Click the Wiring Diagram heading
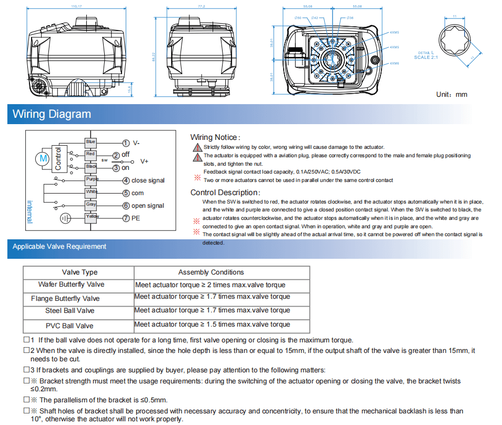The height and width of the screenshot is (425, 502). click(52, 114)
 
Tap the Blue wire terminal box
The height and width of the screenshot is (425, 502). click(91, 142)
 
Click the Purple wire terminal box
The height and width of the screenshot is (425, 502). click(92, 179)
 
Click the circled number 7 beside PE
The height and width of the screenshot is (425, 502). click(126, 218)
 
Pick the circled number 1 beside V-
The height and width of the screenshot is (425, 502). click(126, 143)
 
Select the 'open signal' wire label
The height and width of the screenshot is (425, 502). click(148, 206)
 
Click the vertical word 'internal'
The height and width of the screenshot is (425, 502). click(29, 210)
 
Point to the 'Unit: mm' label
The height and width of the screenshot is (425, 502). click(451, 94)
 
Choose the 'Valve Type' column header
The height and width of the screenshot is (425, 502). click(79, 272)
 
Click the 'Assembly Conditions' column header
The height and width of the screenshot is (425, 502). click(211, 272)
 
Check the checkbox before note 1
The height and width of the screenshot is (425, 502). click(26, 340)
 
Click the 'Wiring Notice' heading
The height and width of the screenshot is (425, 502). click(214, 137)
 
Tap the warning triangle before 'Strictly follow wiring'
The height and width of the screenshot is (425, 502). click(197, 147)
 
